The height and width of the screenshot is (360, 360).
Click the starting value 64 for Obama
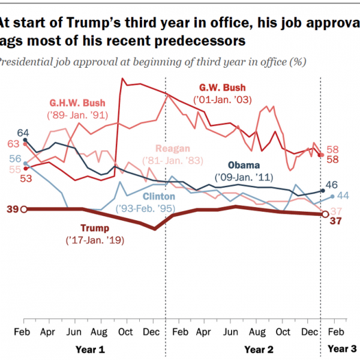point(24,133)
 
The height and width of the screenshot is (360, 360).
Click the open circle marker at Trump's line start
point(23,209)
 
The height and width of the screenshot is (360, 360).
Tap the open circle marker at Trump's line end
point(325,214)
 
